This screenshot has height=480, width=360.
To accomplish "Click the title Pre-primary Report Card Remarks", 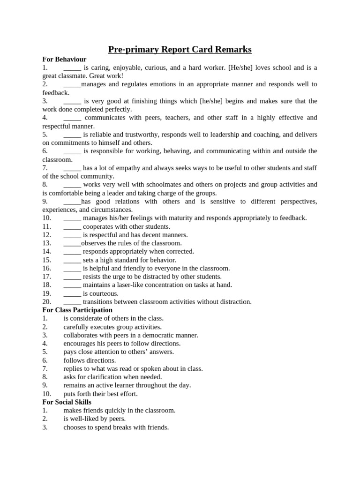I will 180,49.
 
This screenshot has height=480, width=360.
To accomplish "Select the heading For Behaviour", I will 64,59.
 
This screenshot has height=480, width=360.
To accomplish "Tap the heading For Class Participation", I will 77,310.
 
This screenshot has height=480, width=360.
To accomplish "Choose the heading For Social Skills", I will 67,402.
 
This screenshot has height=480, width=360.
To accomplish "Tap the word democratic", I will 157,335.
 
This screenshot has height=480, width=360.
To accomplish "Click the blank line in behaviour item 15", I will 72,260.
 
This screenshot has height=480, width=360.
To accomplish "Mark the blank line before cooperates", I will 72,226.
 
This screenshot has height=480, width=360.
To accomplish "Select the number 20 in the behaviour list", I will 46,302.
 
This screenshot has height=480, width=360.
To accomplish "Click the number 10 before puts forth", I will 46,394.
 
